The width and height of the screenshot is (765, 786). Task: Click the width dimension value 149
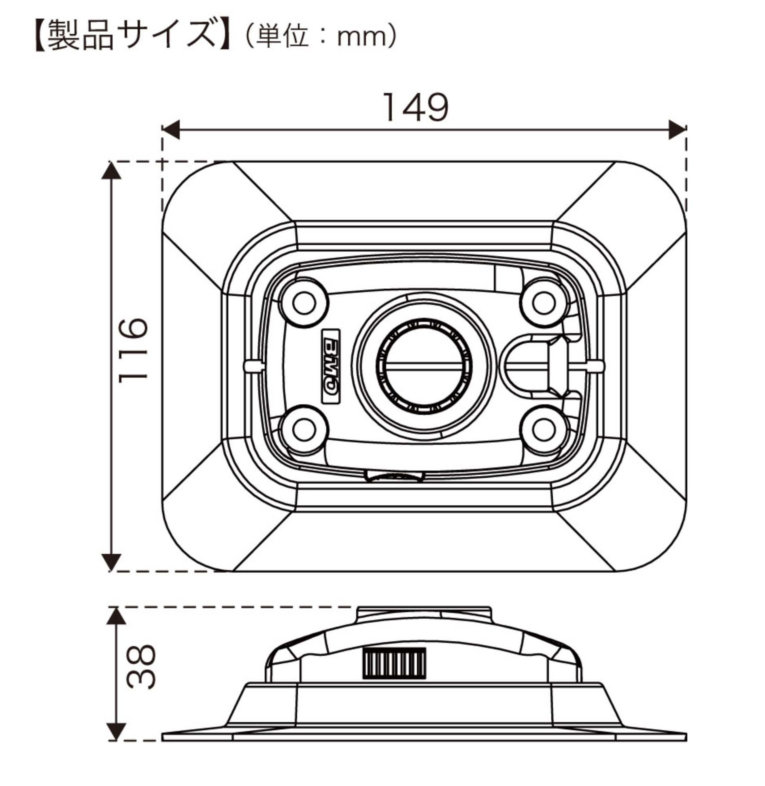(415, 107)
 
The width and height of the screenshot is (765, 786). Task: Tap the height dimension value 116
(133, 349)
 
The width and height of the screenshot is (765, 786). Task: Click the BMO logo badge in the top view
(331, 366)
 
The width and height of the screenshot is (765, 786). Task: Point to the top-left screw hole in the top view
(304, 303)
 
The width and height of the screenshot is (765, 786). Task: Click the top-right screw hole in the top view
(544, 303)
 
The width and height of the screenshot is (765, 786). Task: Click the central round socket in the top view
(424, 366)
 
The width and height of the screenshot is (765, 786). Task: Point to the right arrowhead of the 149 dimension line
(678, 129)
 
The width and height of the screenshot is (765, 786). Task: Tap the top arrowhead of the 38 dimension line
(117, 615)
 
